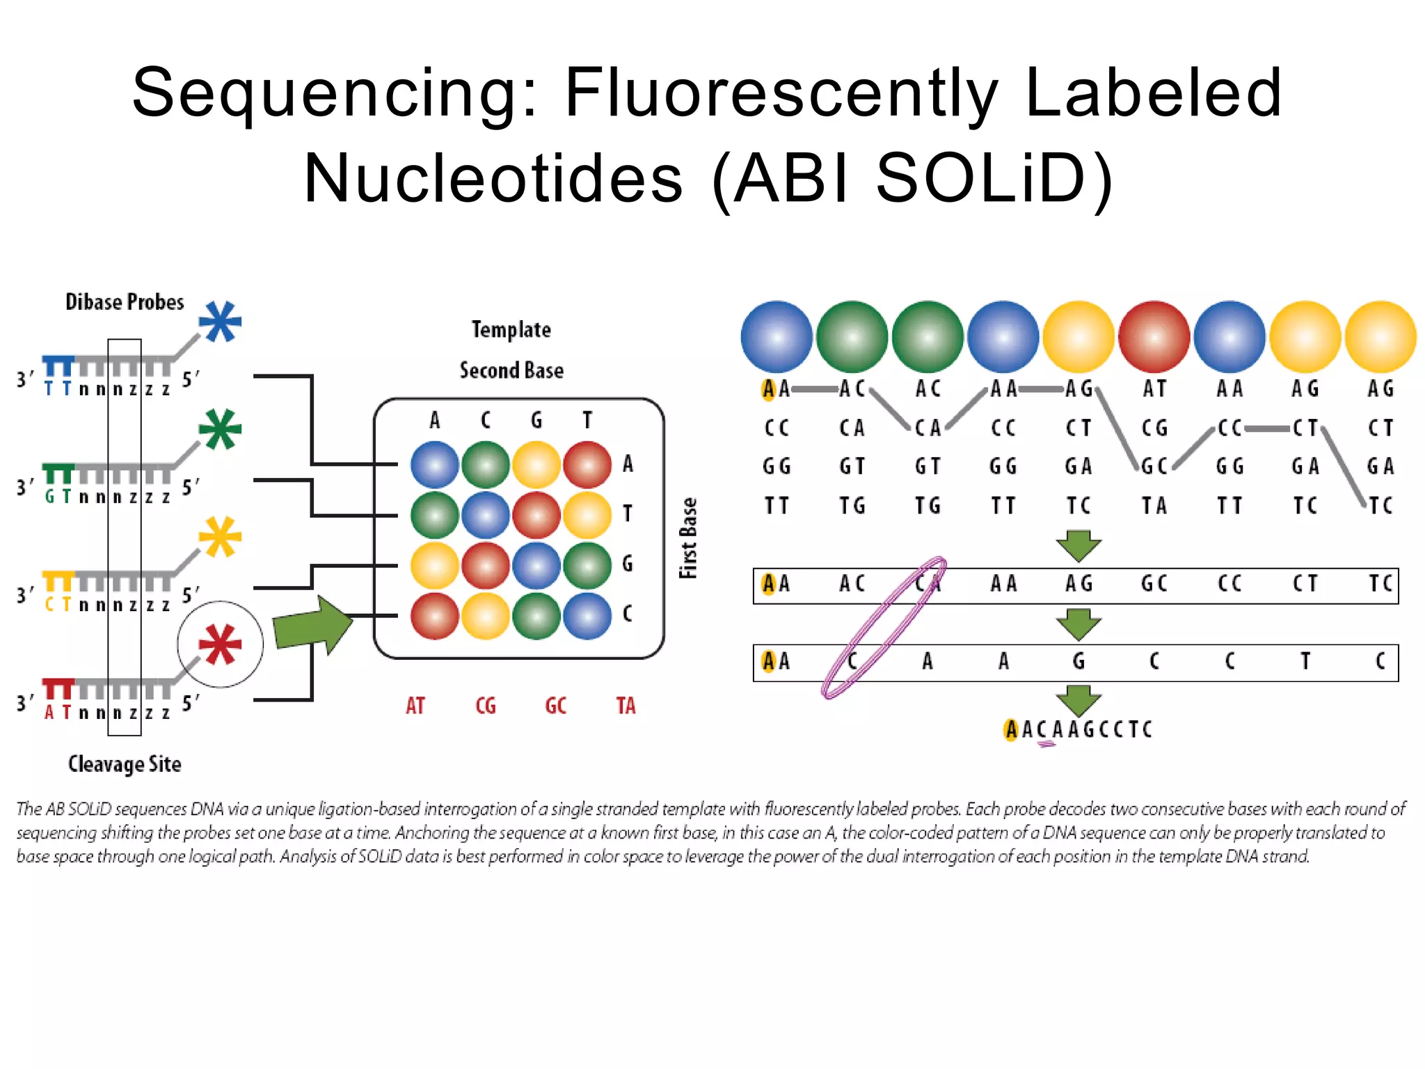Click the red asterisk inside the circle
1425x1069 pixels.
220,644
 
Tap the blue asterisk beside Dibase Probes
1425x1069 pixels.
220,322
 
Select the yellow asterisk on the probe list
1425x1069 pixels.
220,537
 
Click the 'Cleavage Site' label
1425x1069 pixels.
125,764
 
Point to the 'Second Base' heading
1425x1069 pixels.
511,370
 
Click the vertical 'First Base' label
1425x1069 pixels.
688,538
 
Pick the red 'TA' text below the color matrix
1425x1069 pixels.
626,706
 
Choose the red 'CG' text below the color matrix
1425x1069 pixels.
486,706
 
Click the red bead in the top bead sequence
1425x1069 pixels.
1154,337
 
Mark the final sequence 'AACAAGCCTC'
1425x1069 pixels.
1078,729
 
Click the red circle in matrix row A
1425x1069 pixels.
587,464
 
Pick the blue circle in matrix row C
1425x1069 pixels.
587,616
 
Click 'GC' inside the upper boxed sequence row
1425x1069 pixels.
1154,583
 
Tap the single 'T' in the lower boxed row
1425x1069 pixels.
1305,660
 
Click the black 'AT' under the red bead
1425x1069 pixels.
1154,388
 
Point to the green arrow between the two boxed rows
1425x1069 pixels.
1078,624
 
